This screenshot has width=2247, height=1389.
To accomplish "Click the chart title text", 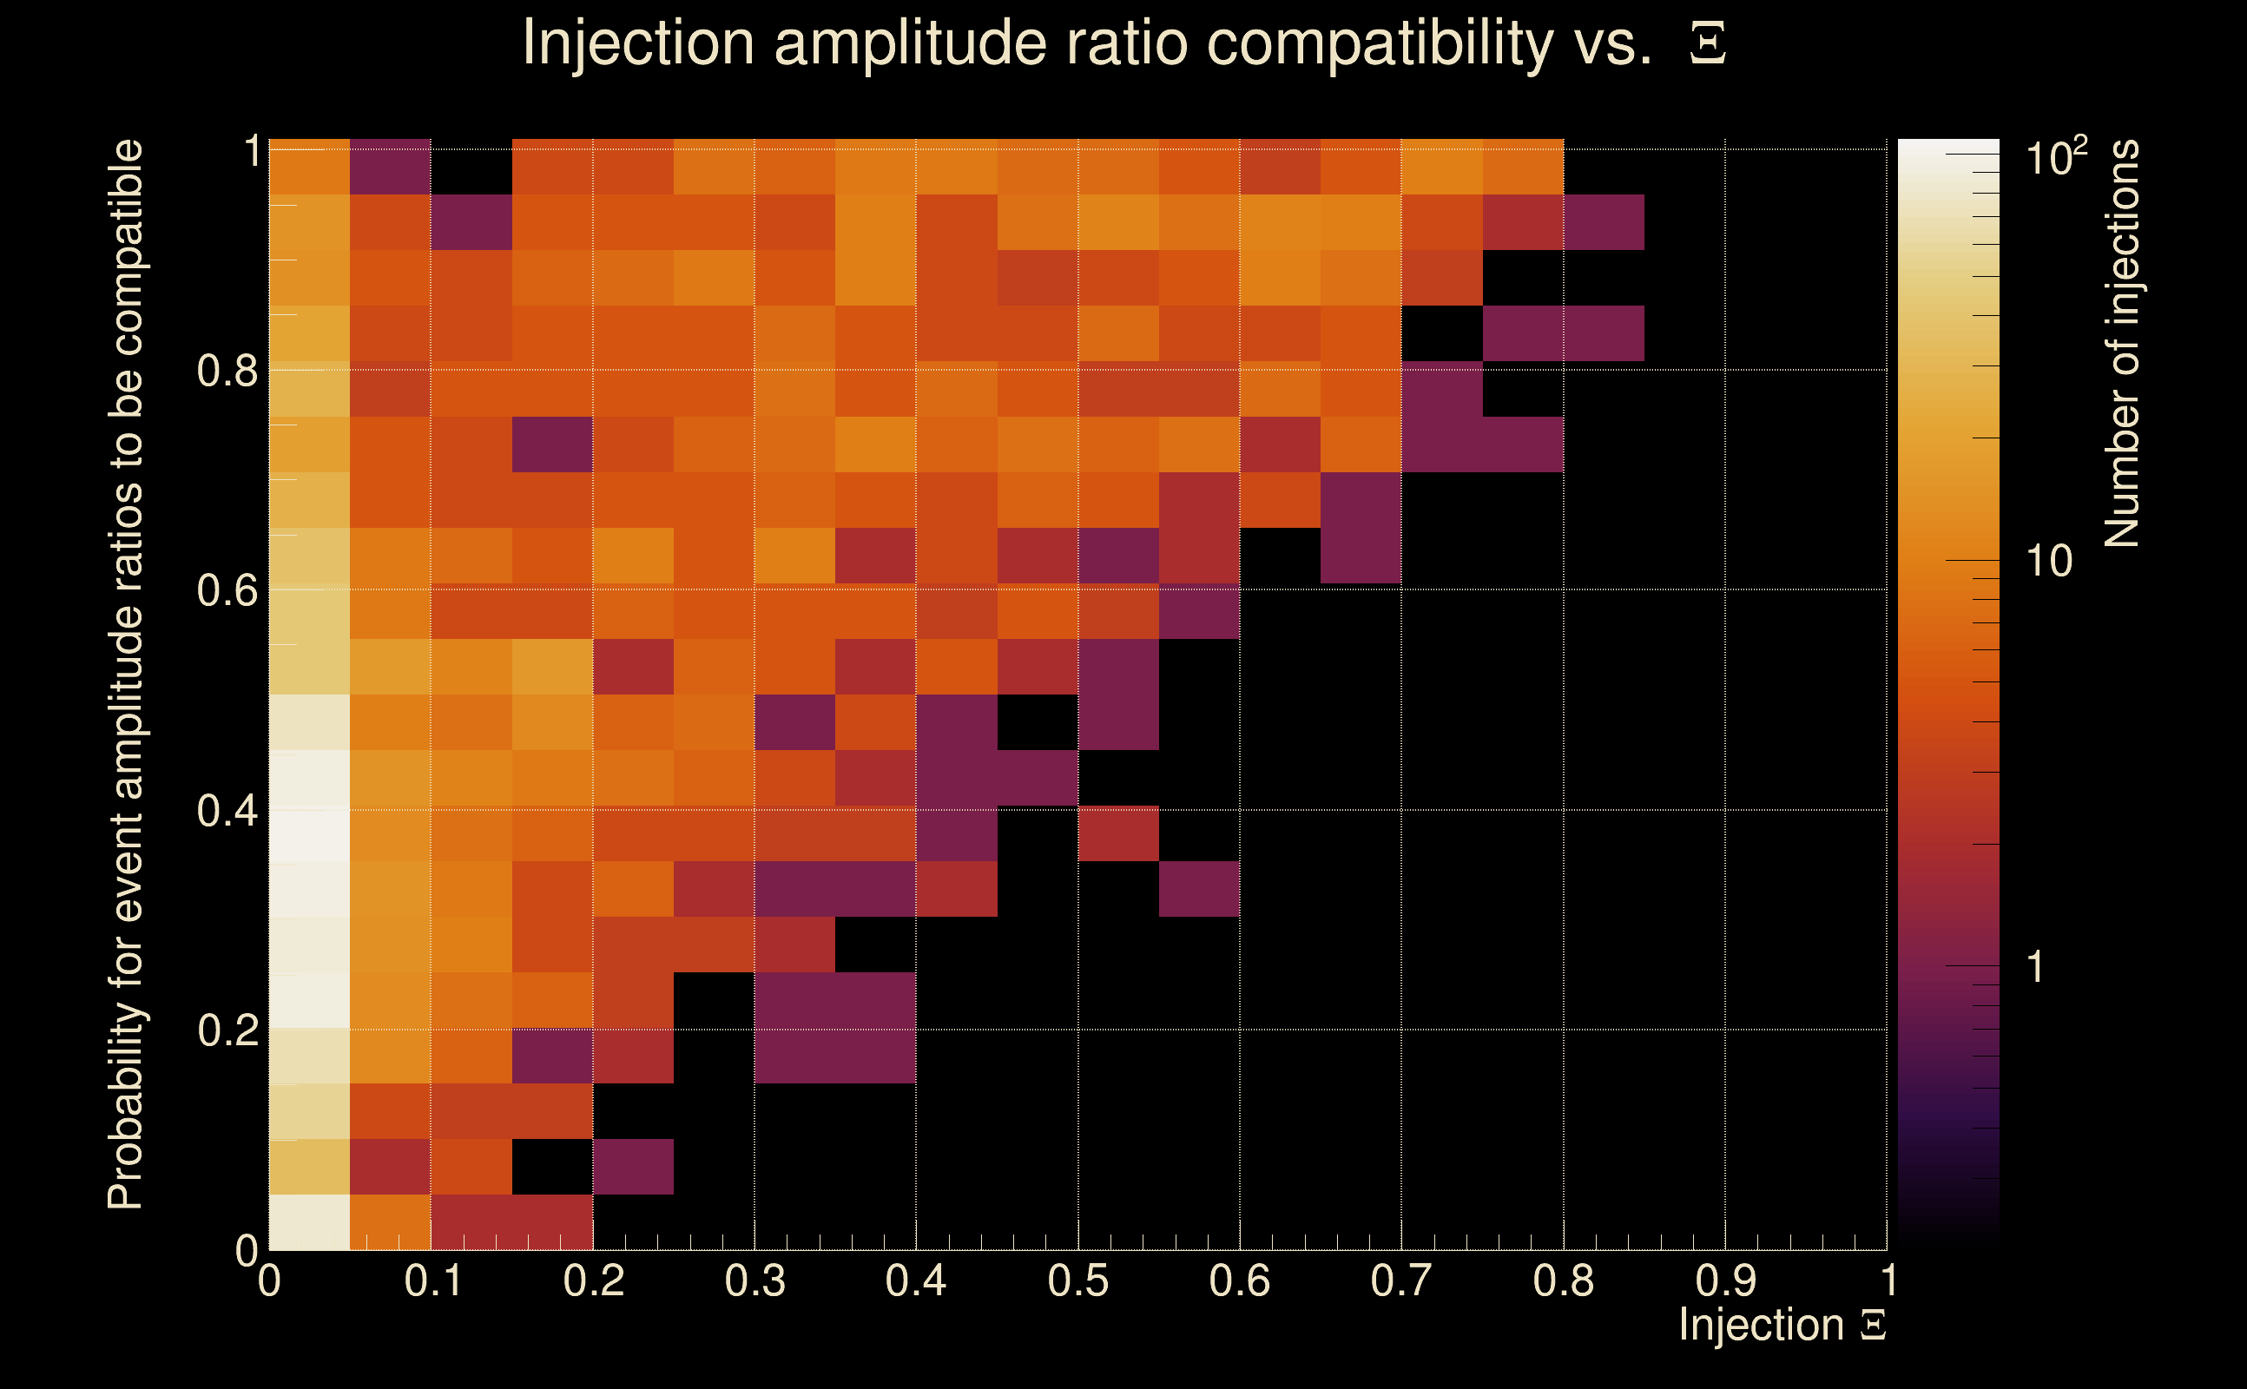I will (1123, 43).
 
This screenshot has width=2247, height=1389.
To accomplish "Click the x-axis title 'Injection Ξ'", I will (1782, 1325).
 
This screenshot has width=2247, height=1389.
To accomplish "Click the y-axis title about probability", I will (126, 675).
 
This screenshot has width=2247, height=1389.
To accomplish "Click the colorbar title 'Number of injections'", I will (2122, 344).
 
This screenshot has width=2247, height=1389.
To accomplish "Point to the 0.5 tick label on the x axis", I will (1077, 1280).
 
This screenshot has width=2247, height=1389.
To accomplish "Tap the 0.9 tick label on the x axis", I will (1725, 1280).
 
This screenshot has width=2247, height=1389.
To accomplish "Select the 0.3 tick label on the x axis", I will (754, 1280).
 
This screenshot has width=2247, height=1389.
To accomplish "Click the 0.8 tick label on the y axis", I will (227, 372).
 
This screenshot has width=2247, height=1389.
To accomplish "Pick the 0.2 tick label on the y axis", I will (227, 1030).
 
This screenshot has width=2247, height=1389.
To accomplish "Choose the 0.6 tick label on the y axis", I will (227, 590).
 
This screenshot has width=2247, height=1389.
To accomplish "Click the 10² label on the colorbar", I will (2056, 158).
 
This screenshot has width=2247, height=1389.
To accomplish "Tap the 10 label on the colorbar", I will (2048, 562).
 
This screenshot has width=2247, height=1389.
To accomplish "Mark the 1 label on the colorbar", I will (2035, 967).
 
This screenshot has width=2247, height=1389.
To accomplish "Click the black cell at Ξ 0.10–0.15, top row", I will (471, 167).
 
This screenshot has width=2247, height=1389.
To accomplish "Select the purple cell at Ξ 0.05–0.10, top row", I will (391, 167).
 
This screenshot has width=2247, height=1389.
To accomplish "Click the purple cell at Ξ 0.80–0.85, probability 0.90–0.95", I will (1603, 221).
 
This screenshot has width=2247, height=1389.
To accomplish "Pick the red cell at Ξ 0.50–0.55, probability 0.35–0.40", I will (1118, 833).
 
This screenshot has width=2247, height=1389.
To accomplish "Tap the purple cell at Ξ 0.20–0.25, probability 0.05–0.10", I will (633, 1167).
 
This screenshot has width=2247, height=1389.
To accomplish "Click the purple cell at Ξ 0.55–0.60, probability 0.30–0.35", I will (1199, 888).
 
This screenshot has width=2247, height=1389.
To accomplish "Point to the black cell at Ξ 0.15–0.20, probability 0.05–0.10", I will (552, 1167).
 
